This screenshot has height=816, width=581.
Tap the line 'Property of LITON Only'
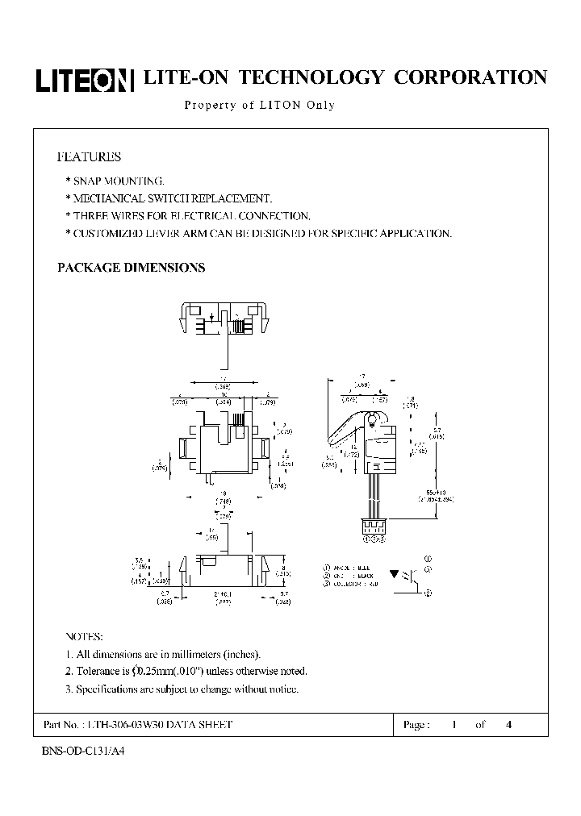[x=259, y=105]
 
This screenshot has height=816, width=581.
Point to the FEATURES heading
[x=89, y=156]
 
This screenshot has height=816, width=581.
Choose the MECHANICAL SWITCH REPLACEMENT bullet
[x=168, y=198]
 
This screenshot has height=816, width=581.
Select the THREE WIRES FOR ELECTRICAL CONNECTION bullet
[x=186, y=216]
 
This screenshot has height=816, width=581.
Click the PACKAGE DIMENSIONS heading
[x=131, y=268]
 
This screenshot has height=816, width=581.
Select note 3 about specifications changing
[x=182, y=689]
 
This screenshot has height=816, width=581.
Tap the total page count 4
[x=508, y=725]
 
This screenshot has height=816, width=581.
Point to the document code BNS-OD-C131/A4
[x=83, y=750]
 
